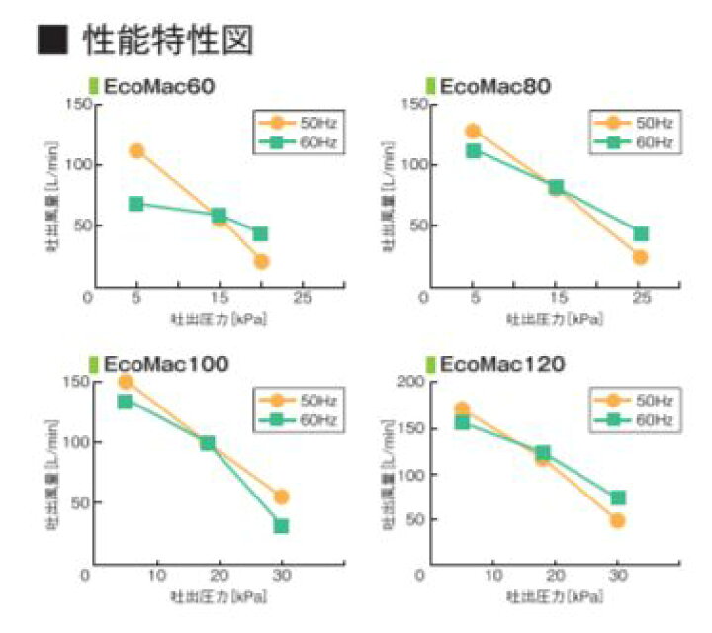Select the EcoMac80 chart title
pyautogui.click(x=494, y=86)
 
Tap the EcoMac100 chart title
pyautogui.click(x=165, y=364)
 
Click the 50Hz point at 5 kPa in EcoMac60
pyautogui.click(x=136, y=151)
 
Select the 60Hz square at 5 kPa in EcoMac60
pyautogui.click(x=136, y=204)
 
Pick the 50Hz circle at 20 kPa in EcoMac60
pyautogui.click(x=261, y=261)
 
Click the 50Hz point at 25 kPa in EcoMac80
pyautogui.click(x=640, y=257)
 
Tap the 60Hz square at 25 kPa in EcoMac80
pyautogui.click(x=641, y=234)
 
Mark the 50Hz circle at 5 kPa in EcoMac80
pyautogui.click(x=473, y=131)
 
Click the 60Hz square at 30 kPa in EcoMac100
pyautogui.click(x=282, y=525)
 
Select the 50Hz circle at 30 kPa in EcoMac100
pyautogui.click(x=282, y=497)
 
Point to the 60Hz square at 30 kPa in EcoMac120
pyautogui.click(x=618, y=497)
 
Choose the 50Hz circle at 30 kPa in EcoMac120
pyautogui.click(x=618, y=520)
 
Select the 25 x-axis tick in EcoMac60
pyautogui.click(x=303, y=297)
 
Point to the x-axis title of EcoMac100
pyautogui.click(x=220, y=596)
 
